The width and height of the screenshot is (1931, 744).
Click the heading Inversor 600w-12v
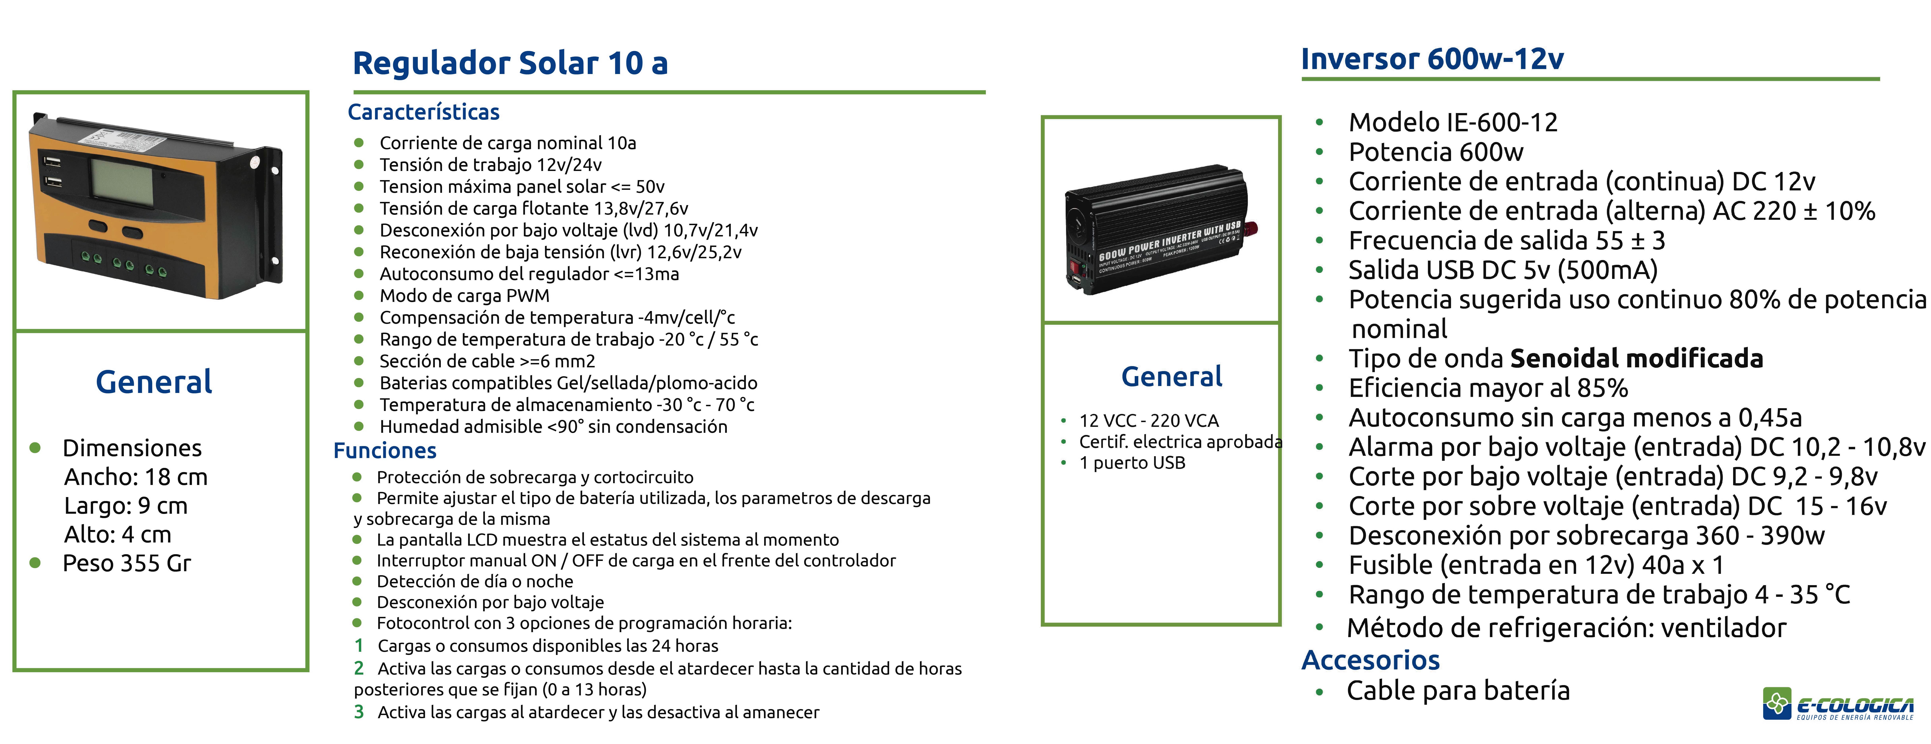click(x=1432, y=59)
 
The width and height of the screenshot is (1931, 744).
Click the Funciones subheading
click(x=384, y=450)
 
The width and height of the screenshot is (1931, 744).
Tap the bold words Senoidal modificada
click(x=1636, y=358)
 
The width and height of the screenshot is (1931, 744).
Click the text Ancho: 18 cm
click(x=136, y=476)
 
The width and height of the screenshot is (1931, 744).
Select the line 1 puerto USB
click(x=1132, y=462)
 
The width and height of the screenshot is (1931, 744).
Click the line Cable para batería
click(x=1458, y=690)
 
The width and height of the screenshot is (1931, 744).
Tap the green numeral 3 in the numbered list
click(x=359, y=712)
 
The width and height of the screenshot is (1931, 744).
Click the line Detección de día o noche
click(x=475, y=581)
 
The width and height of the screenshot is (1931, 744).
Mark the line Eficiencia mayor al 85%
click(x=1488, y=388)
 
